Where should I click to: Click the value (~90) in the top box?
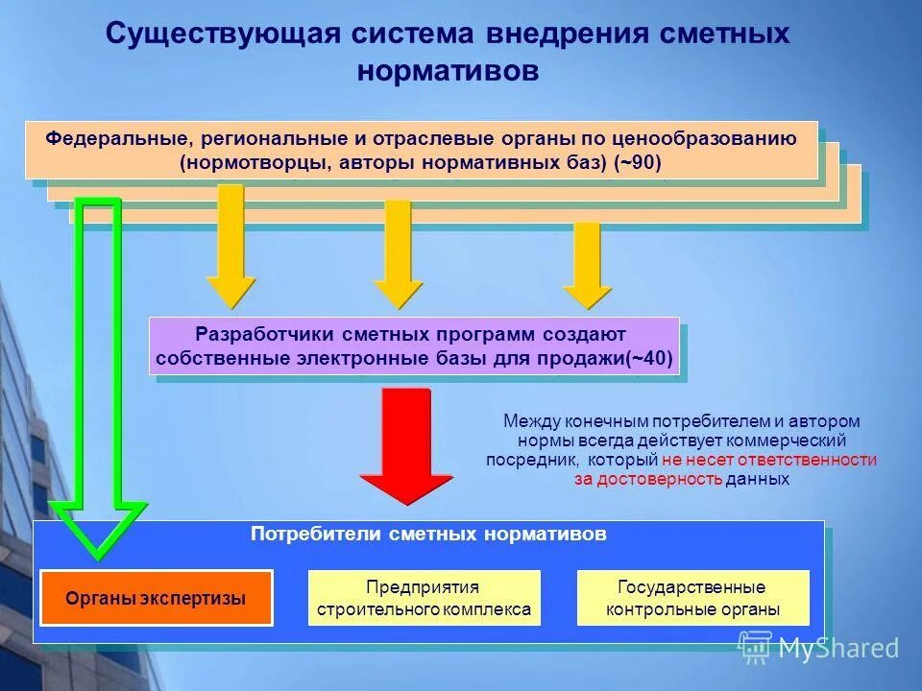[637, 163]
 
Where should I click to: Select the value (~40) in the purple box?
[650, 361]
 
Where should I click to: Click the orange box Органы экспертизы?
[157, 598]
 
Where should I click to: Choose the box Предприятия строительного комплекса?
[424, 598]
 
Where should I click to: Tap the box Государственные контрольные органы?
[692, 598]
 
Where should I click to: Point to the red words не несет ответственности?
[769, 460]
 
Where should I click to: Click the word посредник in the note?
[523, 460]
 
